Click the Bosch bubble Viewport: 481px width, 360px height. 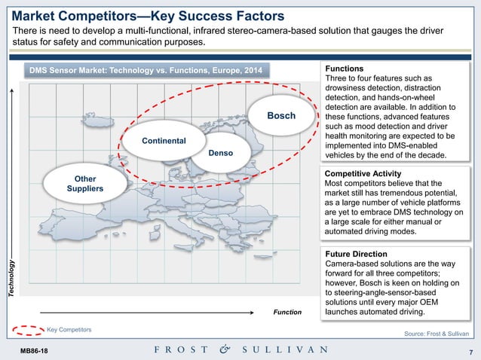[x=281, y=116]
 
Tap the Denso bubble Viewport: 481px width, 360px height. [x=221, y=154]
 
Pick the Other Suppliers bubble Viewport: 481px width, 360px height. [x=79, y=183]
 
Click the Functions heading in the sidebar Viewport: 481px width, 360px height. [x=344, y=68]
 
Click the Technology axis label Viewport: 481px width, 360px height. [x=11, y=277]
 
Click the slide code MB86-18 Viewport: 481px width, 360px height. [x=33, y=350]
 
